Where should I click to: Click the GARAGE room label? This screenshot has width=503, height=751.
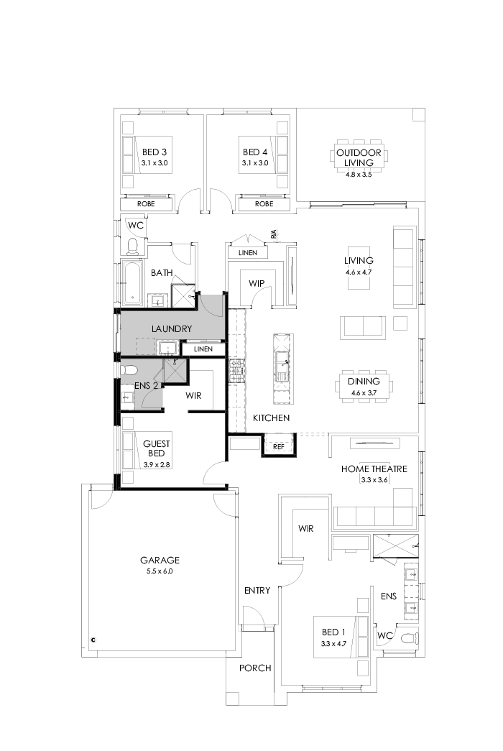point(160,560)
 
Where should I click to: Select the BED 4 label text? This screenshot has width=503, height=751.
point(254,152)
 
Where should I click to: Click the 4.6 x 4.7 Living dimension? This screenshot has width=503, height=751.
point(359,272)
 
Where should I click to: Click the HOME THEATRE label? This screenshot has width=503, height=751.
point(374,469)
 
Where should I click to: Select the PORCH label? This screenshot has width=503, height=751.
point(255,668)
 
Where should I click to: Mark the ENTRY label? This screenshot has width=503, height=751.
point(257,591)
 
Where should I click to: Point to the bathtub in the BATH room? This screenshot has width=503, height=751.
point(132,284)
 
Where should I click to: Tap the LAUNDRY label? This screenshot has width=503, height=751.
point(171,329)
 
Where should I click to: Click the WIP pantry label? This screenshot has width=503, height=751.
point(257,283)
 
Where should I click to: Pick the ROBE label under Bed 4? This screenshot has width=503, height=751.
point(264,204)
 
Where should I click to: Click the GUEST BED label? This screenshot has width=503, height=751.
point(156,448)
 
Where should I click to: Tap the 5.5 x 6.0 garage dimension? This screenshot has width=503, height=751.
point(160,571)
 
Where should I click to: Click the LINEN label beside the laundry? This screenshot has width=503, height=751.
point(203,349)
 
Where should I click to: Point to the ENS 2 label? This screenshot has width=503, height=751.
point(146,385)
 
